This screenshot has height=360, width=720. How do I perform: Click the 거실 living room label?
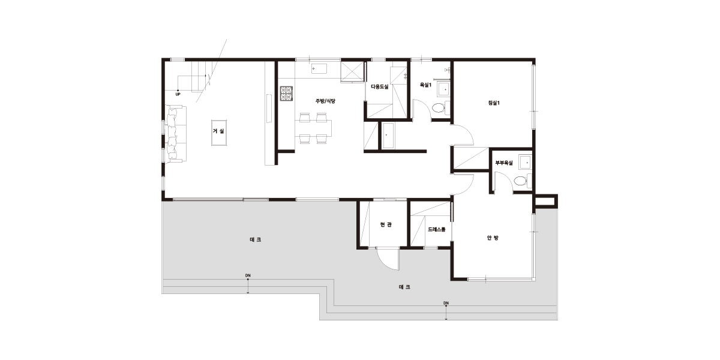pyautogui.click(x=218, y=131)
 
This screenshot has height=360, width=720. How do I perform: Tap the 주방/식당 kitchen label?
pyautogui.click(x=325, y=101)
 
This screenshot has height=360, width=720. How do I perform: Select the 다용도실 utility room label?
pyautogui.click(x=380, y=86)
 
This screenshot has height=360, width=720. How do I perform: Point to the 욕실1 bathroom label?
pyautogui.click(x=425, y=85)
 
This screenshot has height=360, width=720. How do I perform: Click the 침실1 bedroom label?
pyautogui.click(x=494, y=103)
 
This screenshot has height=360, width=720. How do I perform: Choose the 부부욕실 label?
pyautogui.click(x=504, y=163)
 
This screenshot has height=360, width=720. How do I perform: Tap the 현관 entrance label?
pyautogui.click(x=386, y=224)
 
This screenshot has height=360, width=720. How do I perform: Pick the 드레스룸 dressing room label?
pyautogui.click(x=437, y=229)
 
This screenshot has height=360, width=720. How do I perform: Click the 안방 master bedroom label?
pyautogui.click(x=493, y=238)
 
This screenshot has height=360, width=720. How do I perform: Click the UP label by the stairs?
pyautogui.click(x=178, y=95)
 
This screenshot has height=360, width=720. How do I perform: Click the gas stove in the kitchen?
pyautogui.click(x=286, y=94)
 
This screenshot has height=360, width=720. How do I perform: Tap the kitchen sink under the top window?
pyautogui.click(x=319, y=69)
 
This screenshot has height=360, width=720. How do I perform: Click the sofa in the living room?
pyautogui.click(x=175, y=133)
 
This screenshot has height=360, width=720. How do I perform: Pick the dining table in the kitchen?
pyautogui.click(x=313, y=128)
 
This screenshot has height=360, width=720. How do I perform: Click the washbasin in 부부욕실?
pyautogui.click(x=525, y=163)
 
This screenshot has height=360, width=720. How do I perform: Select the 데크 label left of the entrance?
pyautogui.click(x=255, y=240)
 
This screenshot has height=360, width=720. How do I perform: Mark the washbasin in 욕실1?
pyautogui.click(x=443, y=89)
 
